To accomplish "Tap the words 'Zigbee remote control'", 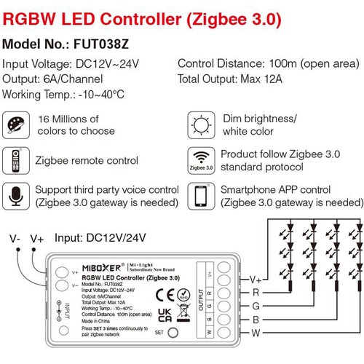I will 86,159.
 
